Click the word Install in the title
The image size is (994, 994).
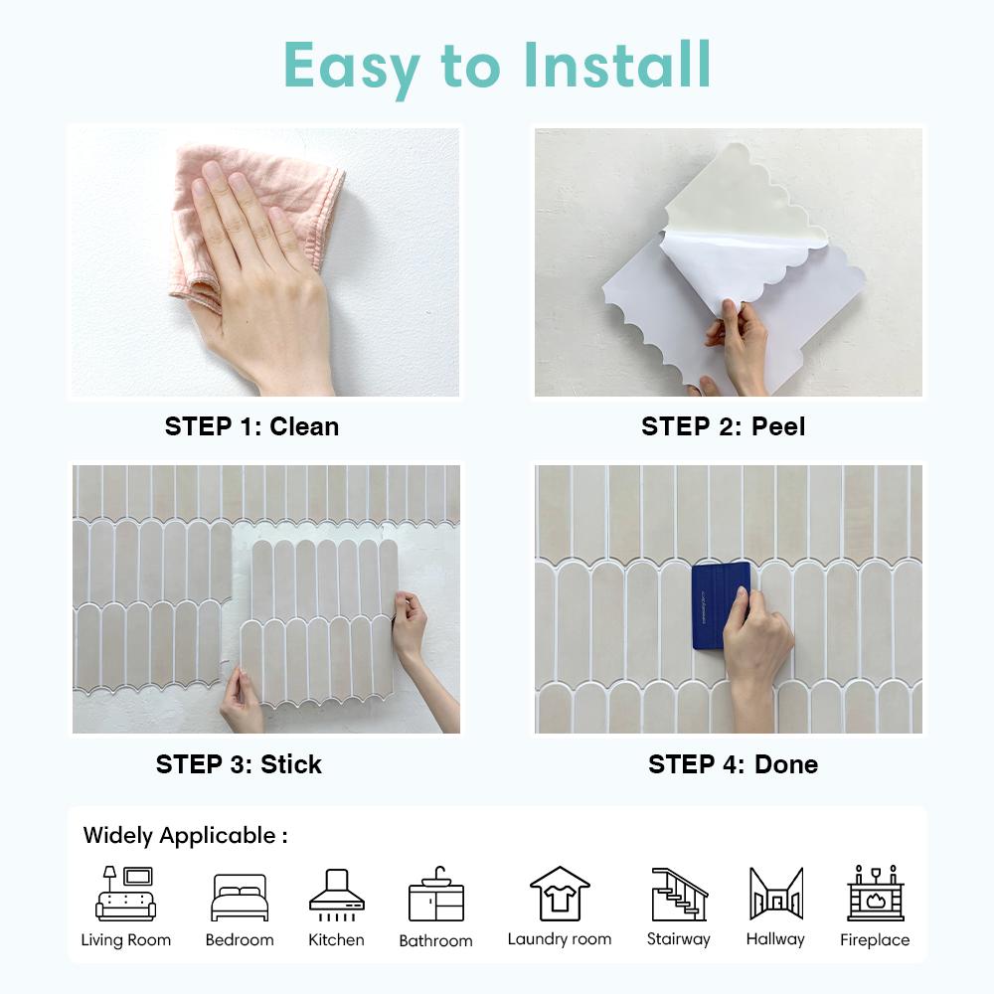(617, 66)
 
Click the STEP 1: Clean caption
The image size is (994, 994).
(251, 426)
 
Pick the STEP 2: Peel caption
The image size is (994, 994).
(723, 426)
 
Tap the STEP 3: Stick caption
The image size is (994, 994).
(239, 764)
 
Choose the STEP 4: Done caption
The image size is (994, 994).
(733, 764)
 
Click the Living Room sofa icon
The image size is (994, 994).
(126, 894)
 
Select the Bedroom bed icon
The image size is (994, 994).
(240, 898)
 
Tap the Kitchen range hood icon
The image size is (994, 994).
(336, 892)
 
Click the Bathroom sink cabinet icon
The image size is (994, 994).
(435, 894)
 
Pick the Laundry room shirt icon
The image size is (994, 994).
(560, 894)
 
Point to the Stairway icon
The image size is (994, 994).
(679, 894)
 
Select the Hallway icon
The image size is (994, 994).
(775, 894)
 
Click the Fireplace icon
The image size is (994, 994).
(875, 894)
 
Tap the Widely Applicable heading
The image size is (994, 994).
(185, 836)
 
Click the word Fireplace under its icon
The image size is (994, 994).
(875, 939)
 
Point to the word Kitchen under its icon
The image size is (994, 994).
(336, 939)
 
